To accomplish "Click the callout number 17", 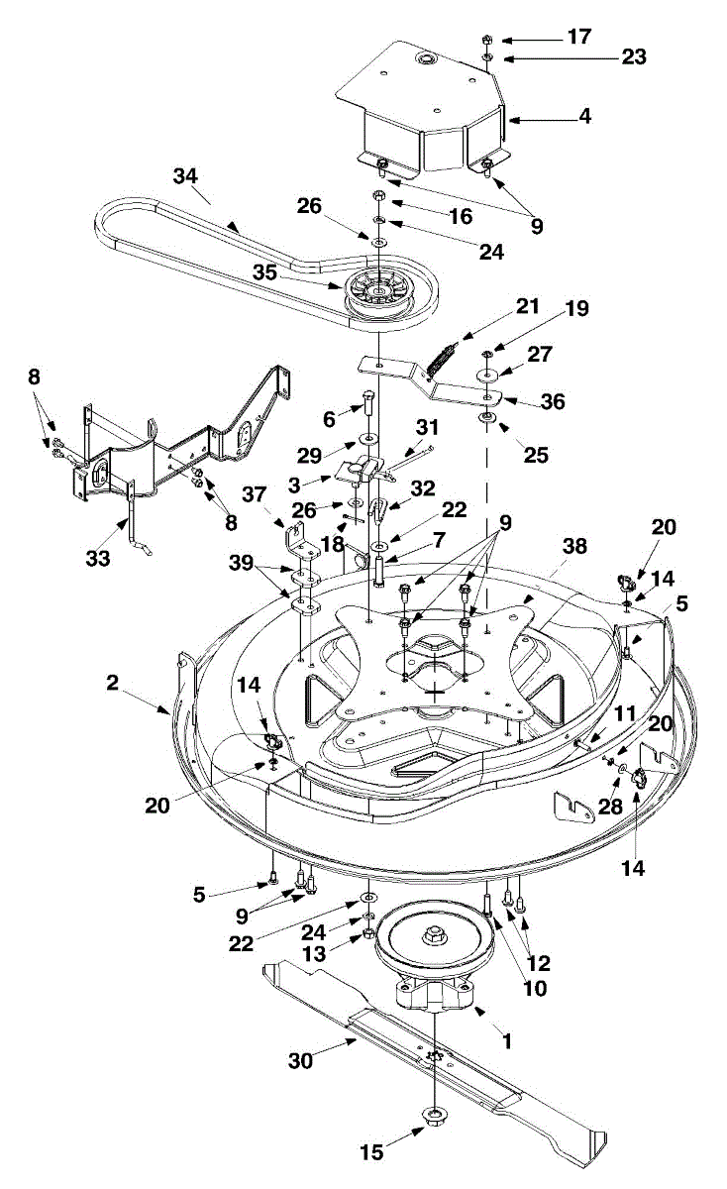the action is coord(579,37).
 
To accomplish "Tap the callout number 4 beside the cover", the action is coord(584,116).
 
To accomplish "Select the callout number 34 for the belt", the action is coord(185,176).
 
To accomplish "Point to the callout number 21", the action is coord(528,306).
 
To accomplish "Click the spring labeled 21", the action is coord(442,360).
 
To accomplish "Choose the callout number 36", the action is coord(553,401).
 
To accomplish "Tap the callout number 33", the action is coord(98,558).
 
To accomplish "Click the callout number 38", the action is coord(574,546).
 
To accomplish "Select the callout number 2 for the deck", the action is coord(112,683).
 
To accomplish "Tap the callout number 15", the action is coord(371,1152).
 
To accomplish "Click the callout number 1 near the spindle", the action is coord(507,1041).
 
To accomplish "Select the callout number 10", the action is coord(535,988).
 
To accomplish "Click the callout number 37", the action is coord(254,494).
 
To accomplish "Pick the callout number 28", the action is coord(610,807).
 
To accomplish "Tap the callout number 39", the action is coord(241,563).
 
